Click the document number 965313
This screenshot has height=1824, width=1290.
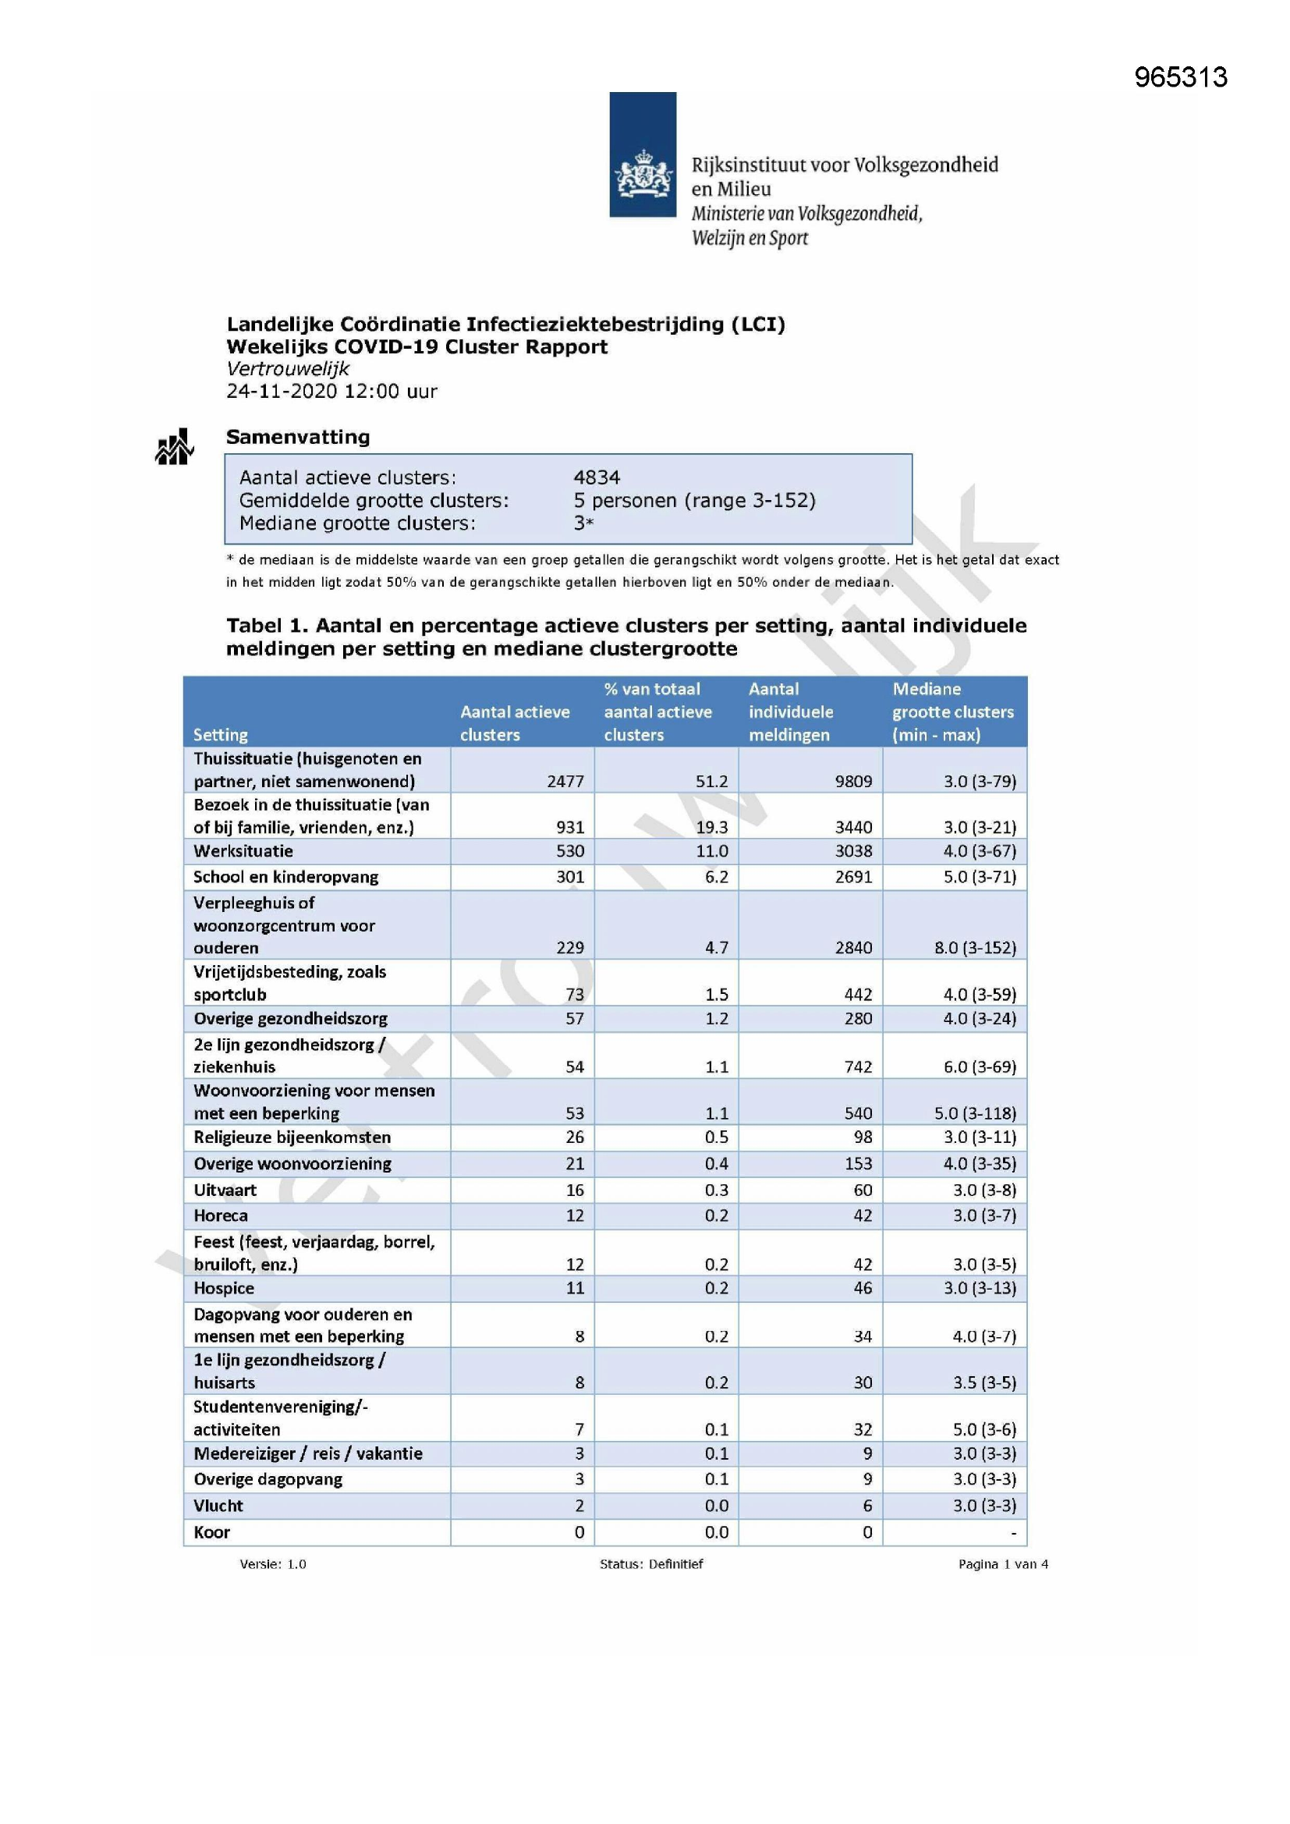click(x=1180, y=77)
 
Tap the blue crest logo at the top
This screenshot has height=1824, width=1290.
click(x=643, y=154)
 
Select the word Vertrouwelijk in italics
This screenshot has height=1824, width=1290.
click(x=288, y=368)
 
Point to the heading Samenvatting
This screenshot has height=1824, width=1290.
click(x=298, y=437)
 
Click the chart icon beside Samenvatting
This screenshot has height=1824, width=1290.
click(x=174, y=447)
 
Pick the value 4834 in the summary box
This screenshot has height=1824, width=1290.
click(x=597, y=477)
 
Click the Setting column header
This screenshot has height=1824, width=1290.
click(x=221, y=735)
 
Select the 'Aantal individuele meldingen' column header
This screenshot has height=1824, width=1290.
click(x=790, y=712)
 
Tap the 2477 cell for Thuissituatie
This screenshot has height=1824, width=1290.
click(x=565, y=781)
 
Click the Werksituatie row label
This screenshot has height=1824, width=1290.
click(x=243, y=851)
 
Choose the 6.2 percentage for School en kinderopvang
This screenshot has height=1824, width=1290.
click(x=716, y=877)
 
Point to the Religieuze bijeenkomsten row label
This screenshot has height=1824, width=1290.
click(x=292, y=1137)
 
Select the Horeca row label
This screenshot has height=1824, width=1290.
click(x=221, y=1215)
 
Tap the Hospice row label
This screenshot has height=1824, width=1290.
click(x=224, y=1288)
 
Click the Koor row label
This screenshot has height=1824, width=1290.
click(x=212, y=1531)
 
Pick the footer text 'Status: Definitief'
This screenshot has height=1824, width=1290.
click(x=650, y=1563)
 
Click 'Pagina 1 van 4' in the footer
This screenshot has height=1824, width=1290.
click(x=1002, y=1563)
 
